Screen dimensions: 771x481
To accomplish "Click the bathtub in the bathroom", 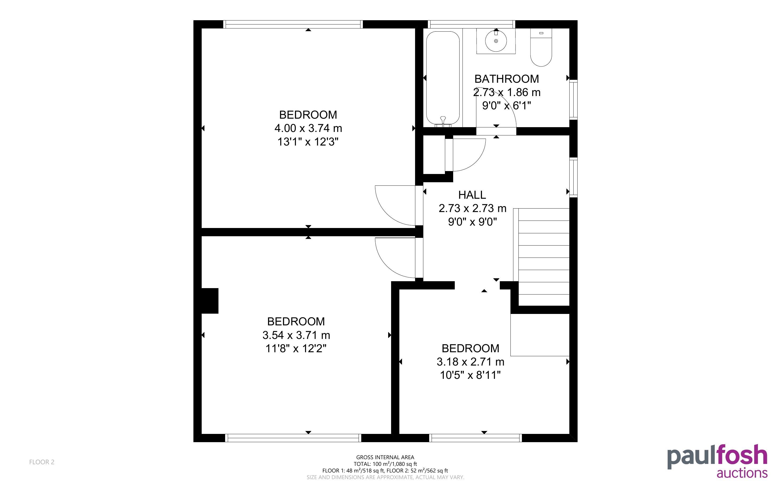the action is coord(443,78).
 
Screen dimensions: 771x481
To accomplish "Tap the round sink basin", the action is coord(496,41).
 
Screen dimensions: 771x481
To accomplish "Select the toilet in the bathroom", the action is coord(541,47).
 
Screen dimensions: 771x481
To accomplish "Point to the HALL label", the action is coord(472,195).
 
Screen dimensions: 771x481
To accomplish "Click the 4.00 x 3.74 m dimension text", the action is coord(308,128).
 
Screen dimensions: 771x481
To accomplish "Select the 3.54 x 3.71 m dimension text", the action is coord(296,335).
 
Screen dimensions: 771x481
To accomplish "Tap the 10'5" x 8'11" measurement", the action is coord(470,375).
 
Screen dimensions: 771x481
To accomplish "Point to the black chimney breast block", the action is coord(210,301).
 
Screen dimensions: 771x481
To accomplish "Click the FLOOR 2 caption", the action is coord(42,462).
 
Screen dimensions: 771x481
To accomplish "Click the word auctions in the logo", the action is coord(742,473).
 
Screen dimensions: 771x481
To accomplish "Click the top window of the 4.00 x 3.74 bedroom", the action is coord(293,24).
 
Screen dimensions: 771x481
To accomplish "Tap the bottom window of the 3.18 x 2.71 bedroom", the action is coord(476,438).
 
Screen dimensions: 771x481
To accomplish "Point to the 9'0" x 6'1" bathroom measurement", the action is coord(507,105).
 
